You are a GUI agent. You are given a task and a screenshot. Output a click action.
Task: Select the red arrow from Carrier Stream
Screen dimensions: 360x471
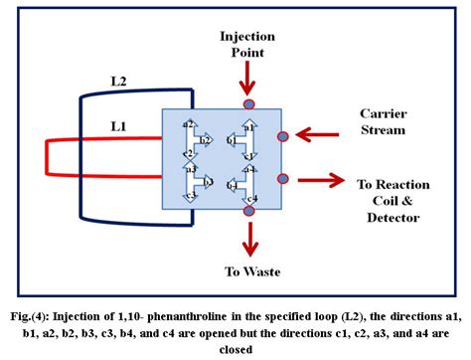pyautogui.click(x=318, y=132)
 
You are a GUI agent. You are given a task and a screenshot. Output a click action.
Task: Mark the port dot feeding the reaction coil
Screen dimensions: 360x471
pyautogui.click(x=283, y=179)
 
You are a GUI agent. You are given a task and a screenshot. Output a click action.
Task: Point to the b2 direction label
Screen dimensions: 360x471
pyautogui.click(x=204, y=140)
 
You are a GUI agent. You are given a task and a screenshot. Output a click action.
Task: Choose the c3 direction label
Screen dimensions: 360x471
pyautogui.click(x=190, y=196)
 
